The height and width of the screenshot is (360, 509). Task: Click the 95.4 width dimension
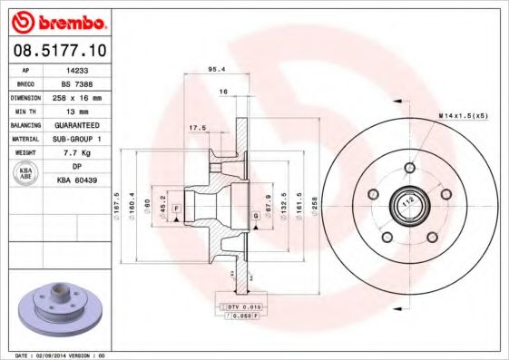(x=217, y=69)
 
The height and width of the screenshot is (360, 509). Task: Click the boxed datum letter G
(x=257, y=216)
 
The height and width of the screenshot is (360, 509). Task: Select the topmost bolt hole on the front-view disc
(x=409, y=170)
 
